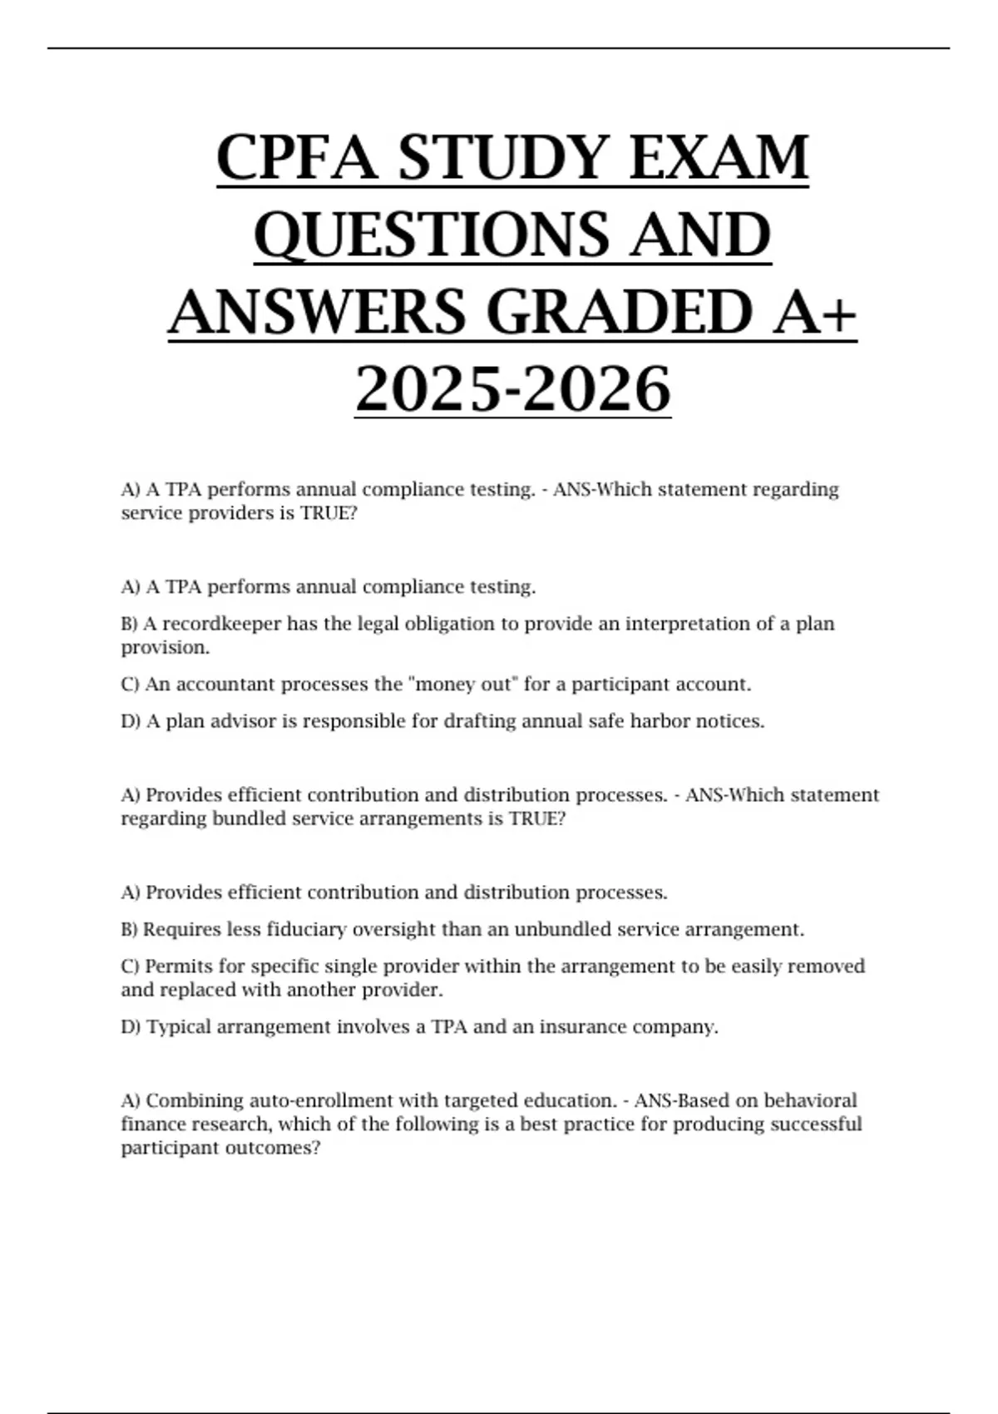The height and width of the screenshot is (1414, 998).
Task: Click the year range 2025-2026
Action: click(512, 389)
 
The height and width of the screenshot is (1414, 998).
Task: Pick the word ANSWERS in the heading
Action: click(319, 312)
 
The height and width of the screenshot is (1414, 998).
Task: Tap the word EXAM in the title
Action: click(719, 158)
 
